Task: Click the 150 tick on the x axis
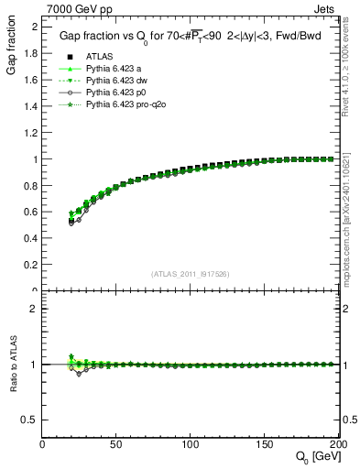(x=264, y=444)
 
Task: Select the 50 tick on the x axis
(x=116, y=444)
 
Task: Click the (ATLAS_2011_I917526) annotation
(x=190, y=272)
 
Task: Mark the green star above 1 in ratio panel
(x=71, y=356)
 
